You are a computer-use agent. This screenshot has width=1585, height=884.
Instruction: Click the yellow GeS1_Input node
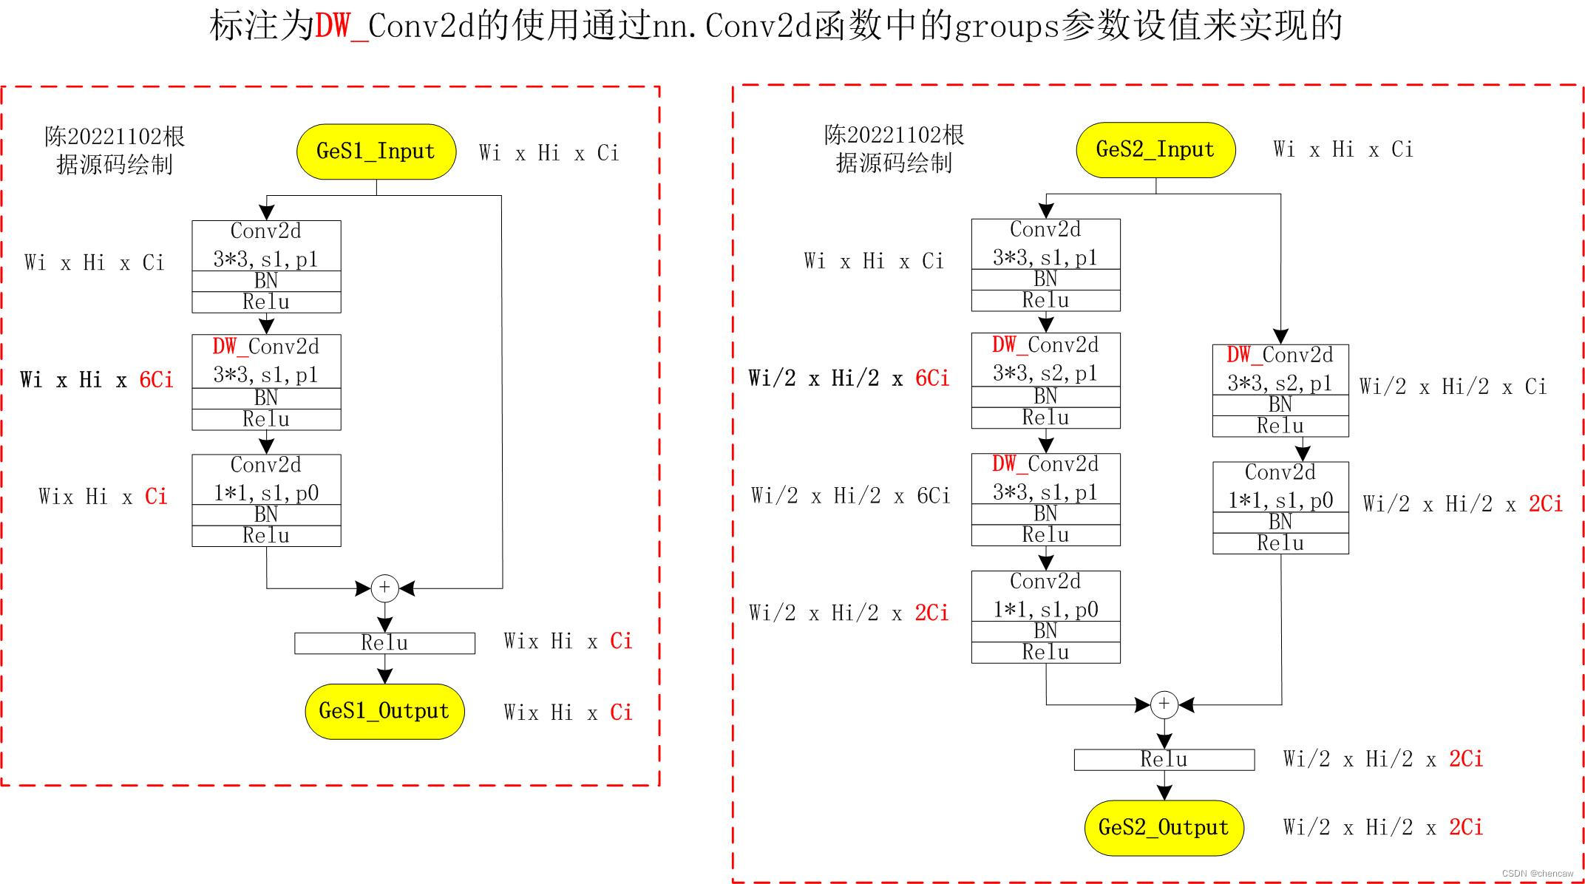coord(376,152)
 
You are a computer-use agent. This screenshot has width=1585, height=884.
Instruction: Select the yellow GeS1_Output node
coord(384,711)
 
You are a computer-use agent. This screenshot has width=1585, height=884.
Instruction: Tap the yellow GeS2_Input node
coord(1155,150)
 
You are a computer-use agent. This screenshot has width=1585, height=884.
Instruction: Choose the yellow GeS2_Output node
coord(1164,828)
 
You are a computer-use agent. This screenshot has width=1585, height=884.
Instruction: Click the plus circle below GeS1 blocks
coord(384,588)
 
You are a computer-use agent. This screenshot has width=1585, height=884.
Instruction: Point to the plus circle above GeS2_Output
coord(1164,704)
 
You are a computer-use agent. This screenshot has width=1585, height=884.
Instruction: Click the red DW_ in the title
coord(342,27)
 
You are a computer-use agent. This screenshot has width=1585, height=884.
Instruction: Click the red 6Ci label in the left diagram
coord(156,380)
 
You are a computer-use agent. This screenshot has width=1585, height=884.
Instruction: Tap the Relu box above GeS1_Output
coord(384,643)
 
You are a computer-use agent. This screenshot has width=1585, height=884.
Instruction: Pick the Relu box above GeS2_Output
coord(1164,760)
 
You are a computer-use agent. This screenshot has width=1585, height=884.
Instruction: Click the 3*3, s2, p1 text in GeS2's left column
coord(1045,373)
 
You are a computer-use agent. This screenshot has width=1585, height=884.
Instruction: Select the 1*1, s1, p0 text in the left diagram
coord(266,493)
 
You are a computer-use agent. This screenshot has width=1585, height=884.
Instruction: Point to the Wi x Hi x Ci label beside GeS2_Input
coord(1343,150)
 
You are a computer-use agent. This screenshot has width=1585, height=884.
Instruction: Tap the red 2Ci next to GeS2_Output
coord(1466,827)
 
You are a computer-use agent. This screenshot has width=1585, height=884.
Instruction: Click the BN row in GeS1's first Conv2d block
coord(266,281)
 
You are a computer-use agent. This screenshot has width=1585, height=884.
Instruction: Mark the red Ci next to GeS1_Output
coord(621,713)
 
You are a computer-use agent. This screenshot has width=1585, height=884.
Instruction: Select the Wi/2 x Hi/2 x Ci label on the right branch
coord(1453,387)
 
